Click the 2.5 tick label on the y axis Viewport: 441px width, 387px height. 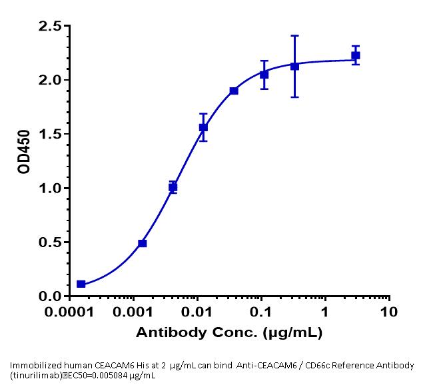51,26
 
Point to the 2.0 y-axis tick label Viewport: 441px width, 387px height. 51,80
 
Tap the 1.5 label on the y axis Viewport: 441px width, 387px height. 51,134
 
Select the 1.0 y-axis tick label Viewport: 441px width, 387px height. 51,189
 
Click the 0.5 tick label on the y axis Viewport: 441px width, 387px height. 51,242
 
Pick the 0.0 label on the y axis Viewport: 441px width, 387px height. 51,296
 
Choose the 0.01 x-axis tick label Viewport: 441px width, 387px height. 199,312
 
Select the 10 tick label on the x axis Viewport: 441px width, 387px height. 389,312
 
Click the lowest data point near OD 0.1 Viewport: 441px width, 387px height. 81,284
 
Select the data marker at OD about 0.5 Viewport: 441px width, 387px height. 142,243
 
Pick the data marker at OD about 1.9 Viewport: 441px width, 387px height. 234,91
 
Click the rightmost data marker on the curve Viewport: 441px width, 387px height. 356,55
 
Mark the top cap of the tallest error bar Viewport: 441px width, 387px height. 294,36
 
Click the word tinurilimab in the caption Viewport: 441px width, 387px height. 33,375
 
